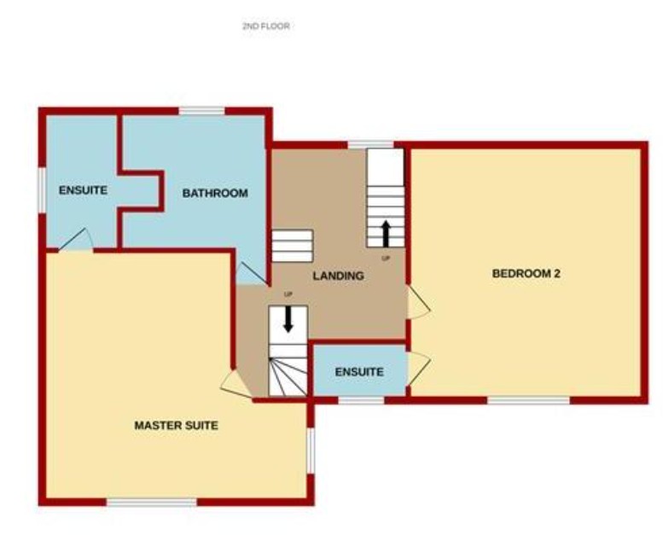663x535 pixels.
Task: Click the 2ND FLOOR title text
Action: pyautogui.click(x=266, y=26)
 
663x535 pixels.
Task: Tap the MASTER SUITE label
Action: pyautogui.click(x=176, y=425)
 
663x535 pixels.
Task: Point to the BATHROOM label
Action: pyautogui.click(x=215, y=194)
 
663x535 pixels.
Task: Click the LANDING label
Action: pyautogui.click(x=338, y=276)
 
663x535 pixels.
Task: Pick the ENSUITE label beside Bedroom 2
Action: pyautogui.click(x=358, y=372)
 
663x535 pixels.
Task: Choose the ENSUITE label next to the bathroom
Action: pyautogui.click(x=83, y=190)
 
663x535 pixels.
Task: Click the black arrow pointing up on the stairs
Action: pyautogui.click(x=385, y=231)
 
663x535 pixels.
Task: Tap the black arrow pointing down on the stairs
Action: pyautogui.click(x=288, y=317)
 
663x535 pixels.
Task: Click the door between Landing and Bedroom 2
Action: pyautogui.click(x=417, y=301)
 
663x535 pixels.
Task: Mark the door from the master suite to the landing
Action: pyautogui.click(x=235, y=385)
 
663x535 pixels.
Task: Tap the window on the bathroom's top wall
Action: pyautogui.click(x=201, y=110)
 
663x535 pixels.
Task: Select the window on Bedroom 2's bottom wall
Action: pyautogui.click(x=528, y=399)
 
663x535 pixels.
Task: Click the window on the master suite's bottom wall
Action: pyautogui.click(x=151, y=503)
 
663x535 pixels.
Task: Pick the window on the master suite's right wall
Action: pyautogui.click(x=311, y=450)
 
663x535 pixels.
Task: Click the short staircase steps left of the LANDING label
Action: pyautogui.click(x=292, y=246)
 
